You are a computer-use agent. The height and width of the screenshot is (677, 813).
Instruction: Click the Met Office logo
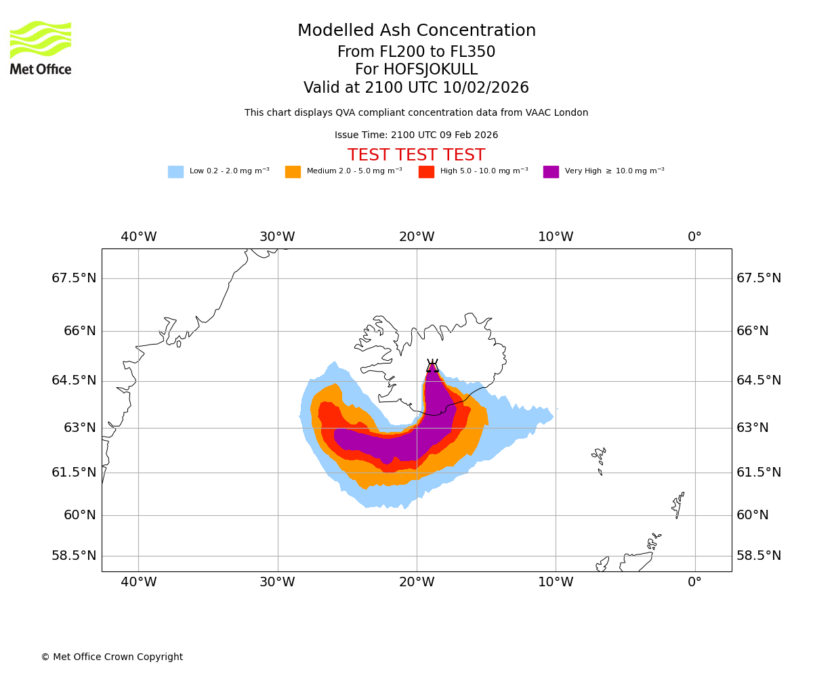point(41,47)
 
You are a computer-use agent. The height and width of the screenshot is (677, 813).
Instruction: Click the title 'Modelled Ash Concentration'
point(416,31)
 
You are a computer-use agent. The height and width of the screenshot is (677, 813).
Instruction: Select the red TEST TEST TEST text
point(416,155)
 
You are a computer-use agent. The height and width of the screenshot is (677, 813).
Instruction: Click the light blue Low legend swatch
point(175,172)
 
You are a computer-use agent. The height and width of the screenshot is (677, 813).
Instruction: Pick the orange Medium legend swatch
point(293,172)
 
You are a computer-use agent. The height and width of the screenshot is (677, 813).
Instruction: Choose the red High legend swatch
point(426,172)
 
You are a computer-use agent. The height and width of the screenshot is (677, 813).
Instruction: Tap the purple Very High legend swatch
point(551,172)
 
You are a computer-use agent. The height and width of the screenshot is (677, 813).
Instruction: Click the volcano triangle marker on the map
point(432,366)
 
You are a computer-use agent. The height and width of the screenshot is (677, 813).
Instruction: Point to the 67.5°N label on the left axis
point(74,278)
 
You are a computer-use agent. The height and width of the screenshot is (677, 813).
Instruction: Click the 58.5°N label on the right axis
point(759,556)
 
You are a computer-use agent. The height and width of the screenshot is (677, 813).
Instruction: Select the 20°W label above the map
point(417,237)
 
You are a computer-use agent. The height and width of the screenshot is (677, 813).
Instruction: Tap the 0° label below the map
point(694,582)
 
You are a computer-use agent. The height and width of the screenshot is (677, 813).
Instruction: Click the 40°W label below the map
point(138,582)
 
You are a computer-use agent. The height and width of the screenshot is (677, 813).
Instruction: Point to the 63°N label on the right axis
point(753,428)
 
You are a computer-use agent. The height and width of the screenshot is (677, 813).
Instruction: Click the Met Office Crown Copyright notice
point(112,657)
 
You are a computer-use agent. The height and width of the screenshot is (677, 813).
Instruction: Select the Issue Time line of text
point(416,135)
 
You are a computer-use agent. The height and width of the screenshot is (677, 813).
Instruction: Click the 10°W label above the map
point(556,237)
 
